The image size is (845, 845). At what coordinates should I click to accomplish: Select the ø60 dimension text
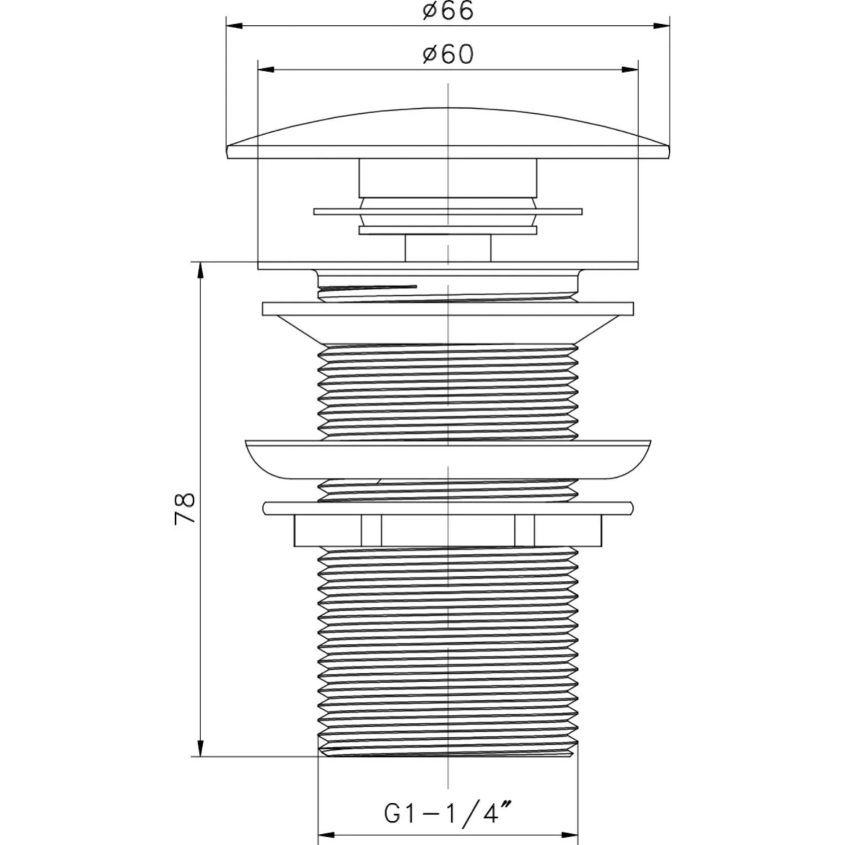[x=448, y=54]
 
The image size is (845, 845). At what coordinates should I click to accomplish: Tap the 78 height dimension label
[x=185, y=509]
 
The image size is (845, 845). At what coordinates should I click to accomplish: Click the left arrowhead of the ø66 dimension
[x=234, y=25]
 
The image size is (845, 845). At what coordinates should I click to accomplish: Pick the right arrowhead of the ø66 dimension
[x=661, y=25]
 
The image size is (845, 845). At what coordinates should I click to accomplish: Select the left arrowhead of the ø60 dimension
[x=265, y=69]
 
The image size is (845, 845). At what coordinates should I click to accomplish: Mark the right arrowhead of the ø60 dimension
[x=630, y=69]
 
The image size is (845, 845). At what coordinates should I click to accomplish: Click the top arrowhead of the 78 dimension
[x=200, y=271]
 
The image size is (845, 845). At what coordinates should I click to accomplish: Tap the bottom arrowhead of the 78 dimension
[x=200, y=748]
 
